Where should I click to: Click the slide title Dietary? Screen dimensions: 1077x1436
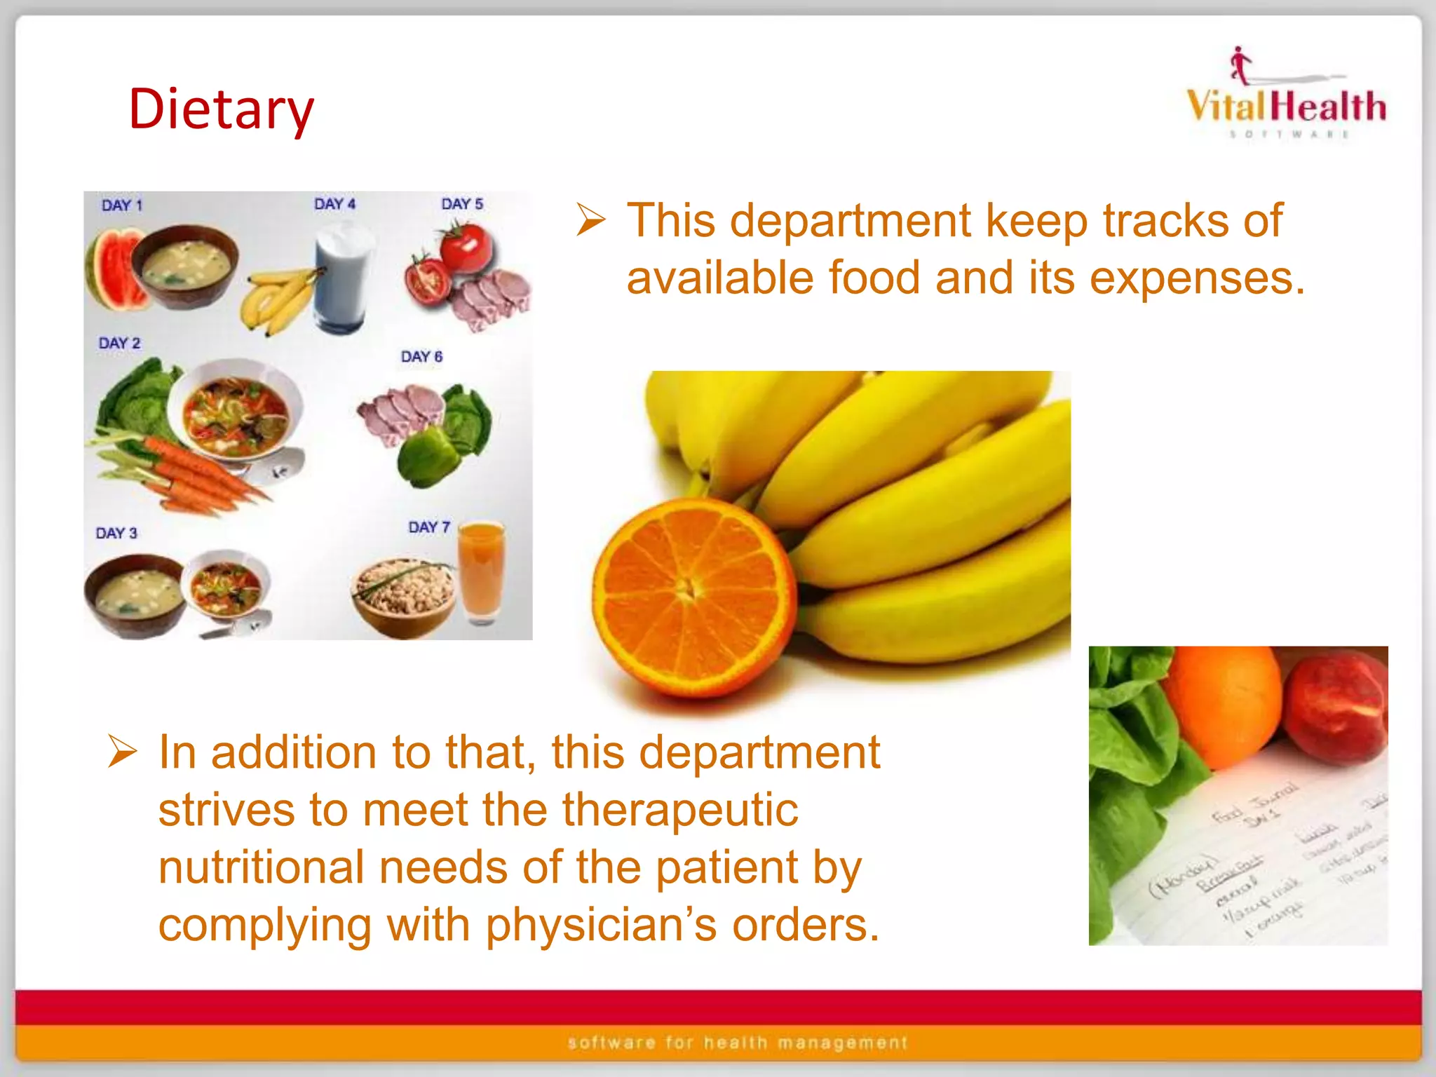tap(221, 110)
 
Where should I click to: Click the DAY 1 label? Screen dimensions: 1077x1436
tap(122, 205)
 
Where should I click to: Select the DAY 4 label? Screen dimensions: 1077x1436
tap(334, 204)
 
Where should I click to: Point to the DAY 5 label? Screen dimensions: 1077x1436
tap(462, 204)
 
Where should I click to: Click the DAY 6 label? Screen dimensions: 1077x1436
tap(421, 357)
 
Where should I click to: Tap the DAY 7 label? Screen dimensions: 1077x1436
tap(429, 527)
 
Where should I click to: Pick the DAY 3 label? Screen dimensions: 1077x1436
tap(116, 534)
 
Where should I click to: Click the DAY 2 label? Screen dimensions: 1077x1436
tap(119, 344)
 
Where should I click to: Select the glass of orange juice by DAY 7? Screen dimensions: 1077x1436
tap(481, 571)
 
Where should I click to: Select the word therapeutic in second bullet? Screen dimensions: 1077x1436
tap(679, 810)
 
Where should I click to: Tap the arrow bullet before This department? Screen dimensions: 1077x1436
tap(590, 219)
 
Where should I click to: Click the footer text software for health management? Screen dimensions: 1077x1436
tap(737, 1043)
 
